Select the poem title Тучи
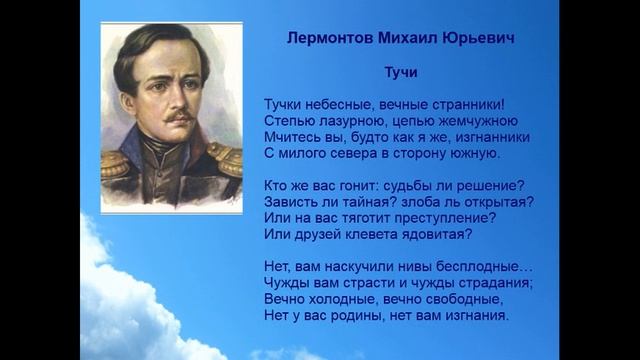pos(401,73)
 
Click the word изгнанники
pos(488,137)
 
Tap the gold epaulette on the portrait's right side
pos(227,158)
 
